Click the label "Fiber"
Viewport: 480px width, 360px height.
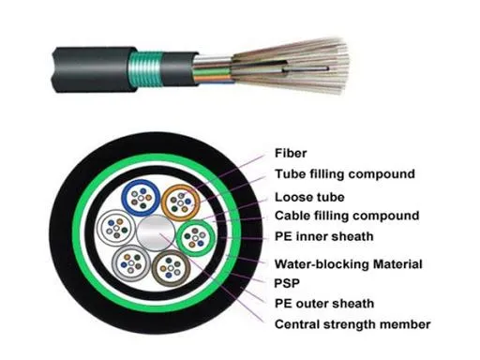point(290,153)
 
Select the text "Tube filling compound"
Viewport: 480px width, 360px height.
point(344,173)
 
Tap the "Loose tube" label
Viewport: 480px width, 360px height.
point(310,197)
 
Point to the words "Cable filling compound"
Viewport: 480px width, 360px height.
point(346,217)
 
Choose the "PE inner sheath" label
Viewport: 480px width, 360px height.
point(322,237)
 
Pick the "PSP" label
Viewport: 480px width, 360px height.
point(288,282)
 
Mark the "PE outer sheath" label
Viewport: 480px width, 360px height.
point(323,303)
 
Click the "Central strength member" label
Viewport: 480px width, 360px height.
point(352,324)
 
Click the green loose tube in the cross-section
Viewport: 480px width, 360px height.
point(196,235)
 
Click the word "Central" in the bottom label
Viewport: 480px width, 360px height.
point(298,324)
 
